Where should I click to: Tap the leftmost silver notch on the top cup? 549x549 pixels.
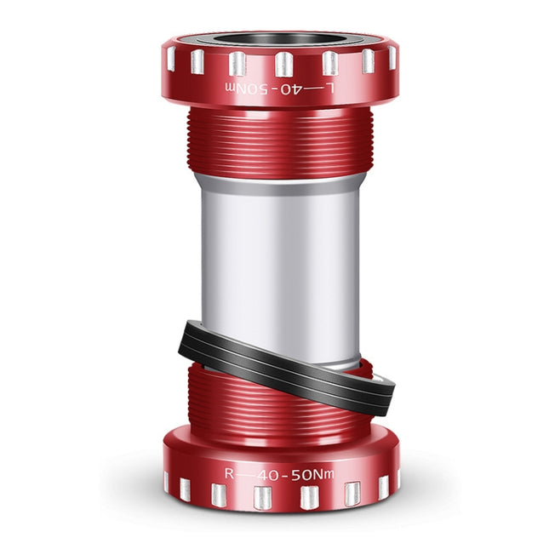coord(170,59)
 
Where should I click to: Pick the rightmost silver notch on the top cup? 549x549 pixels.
coord(392,57)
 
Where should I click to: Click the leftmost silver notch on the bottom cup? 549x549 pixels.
coord(167,482)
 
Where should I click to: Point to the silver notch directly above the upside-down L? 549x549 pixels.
coord(329,64)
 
